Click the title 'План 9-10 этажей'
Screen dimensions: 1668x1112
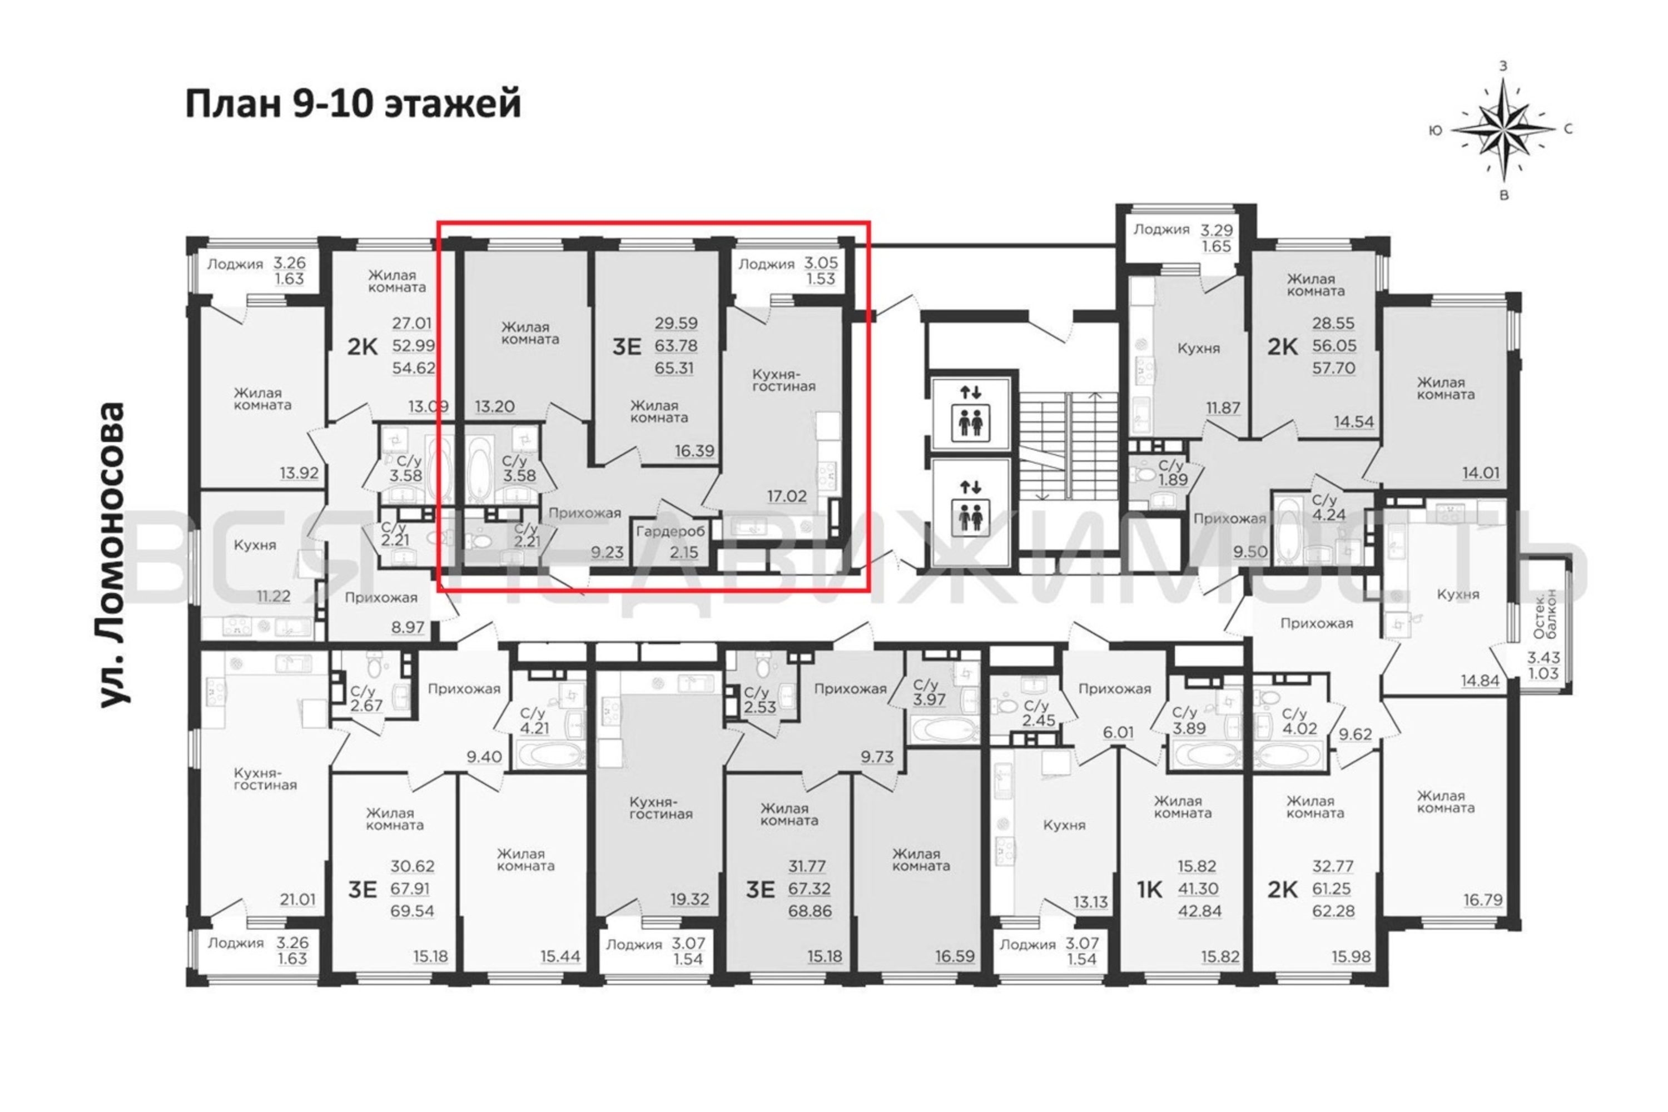click(353, 103)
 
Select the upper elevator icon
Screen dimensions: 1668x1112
click(970, 412)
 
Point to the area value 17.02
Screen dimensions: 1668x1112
click(787, 497)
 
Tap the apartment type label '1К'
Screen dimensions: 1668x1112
click(1150, 889)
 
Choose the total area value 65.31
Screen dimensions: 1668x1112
click(674, 368)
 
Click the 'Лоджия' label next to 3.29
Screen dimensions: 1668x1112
click(1161, 229)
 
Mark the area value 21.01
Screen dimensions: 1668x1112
click(297, 900)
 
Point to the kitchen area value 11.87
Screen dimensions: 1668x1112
click(1223, 408)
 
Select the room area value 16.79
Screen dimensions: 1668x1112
click(1483, 901)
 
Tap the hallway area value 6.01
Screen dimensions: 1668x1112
click(1118, 732)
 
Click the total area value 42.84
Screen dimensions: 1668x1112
click(1200, 911)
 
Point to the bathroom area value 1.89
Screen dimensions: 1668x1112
click(1172, 480)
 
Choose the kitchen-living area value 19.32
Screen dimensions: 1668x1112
click(690, 899)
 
